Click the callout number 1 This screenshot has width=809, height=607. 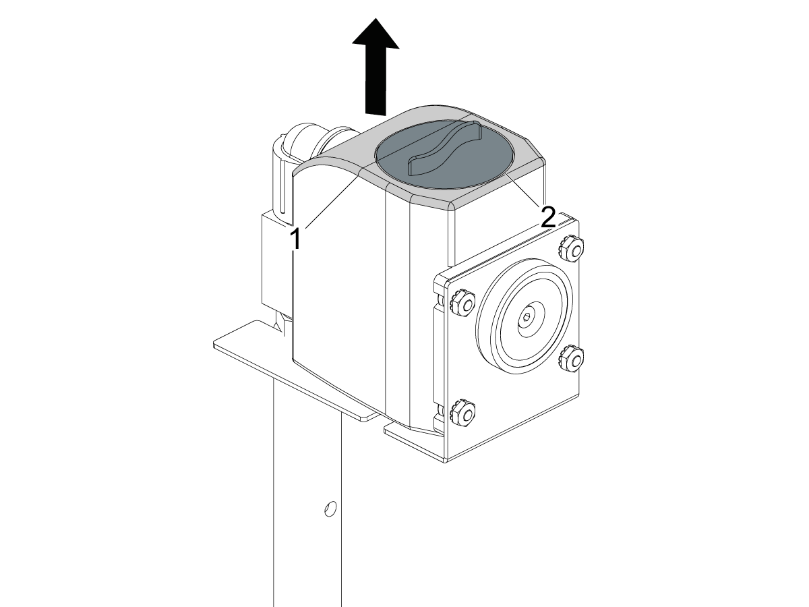(295, 239)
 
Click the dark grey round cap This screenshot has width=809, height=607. (444, 154)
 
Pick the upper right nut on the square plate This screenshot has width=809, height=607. (572, 249)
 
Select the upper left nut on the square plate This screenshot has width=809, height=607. (463, 303)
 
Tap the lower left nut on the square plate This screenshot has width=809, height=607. (463, 413)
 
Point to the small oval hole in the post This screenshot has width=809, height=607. (330, 509)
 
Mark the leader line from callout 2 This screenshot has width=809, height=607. (525, 190)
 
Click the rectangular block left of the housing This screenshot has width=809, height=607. (276, 261)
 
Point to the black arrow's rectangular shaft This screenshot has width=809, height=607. (376, 81)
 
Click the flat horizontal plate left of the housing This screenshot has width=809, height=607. (295, 372)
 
